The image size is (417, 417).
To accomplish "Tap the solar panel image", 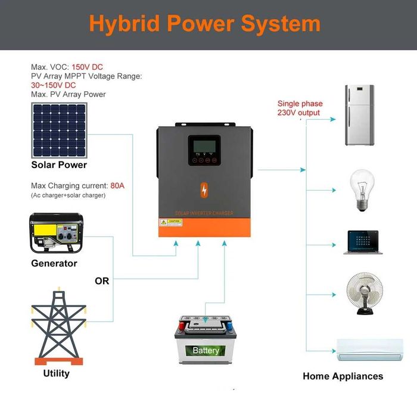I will click(59, 129).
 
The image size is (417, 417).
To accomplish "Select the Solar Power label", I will click(59, 165).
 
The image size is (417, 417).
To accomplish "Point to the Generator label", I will click(54, 263).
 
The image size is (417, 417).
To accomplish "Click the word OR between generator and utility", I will click(102, 281).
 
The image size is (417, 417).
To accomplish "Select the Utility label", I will click(57, 374).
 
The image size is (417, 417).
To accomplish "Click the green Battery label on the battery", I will click(206, 350).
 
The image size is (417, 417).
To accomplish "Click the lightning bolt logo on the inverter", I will click(204, 190).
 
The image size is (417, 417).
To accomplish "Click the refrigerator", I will click(359, 116).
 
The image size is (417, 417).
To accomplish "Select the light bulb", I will click(361, 190).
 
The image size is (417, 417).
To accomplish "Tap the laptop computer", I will click(362, 242).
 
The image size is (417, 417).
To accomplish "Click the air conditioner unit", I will click(369, 350).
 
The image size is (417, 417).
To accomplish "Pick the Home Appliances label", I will click(343, 376).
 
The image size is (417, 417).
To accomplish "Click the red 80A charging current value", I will click(117, 186).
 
